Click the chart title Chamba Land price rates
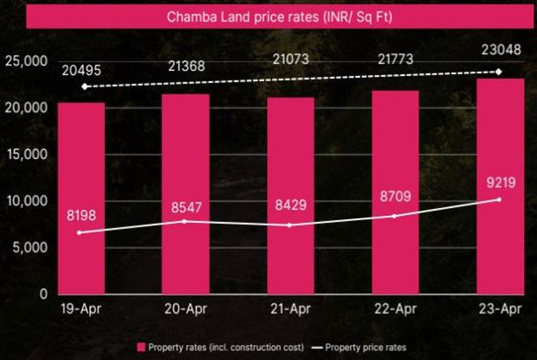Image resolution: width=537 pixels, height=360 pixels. pos(268,17)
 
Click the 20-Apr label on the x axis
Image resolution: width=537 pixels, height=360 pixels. pos(185,309)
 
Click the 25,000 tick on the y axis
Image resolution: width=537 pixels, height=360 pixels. pos(25,60)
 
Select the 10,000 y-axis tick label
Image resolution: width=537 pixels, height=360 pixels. pos(25,201)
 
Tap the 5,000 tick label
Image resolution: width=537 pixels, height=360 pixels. pos(29,247)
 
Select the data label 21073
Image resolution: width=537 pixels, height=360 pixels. pos(289,59)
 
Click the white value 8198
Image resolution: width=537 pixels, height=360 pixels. pos(81,214)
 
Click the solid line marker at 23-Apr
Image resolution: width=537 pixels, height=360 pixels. pos(499,199)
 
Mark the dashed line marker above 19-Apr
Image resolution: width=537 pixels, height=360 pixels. pos(84,87)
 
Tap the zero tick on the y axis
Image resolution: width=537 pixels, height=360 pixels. pos(41,294)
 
